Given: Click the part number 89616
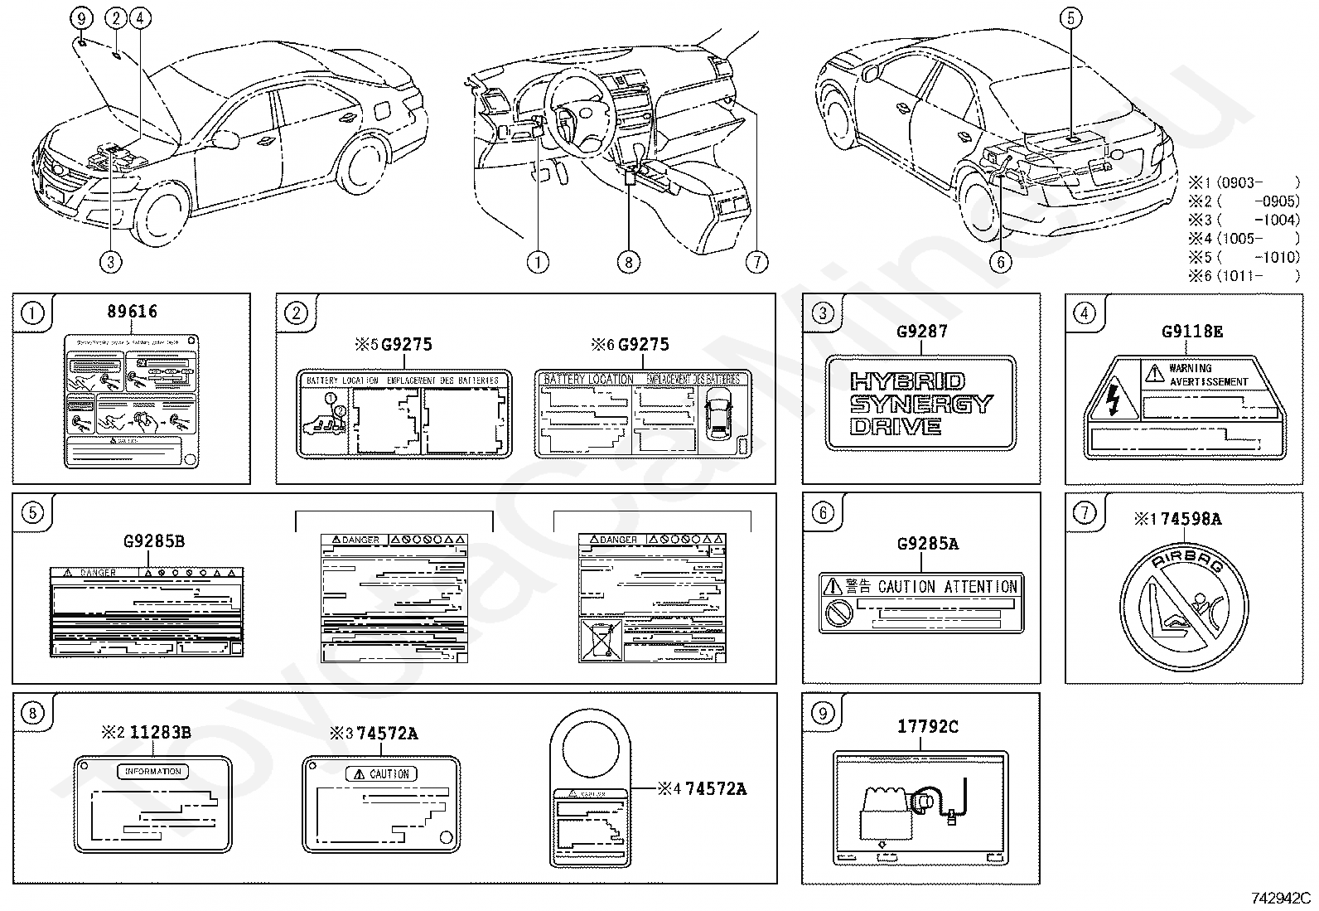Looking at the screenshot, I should [x=132, y=312].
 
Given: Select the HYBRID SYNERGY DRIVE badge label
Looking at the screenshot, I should [x=920, y=404].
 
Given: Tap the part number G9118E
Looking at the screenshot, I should [x=1191, y=332].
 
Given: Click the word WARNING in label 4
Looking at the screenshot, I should [x=1190, y=368].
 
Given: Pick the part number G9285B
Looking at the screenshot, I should [x=154, y=541].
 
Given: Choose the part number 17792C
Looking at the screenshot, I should [x=927, y=726].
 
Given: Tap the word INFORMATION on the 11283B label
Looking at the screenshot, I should [x=152, y=771].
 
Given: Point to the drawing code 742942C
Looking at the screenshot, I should [x=1281, y=898].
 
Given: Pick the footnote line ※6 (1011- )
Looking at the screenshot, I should [x=1244, y=275].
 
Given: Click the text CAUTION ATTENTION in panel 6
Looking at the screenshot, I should [x=948, y=587].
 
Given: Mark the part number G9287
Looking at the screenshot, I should [x=921, y=332].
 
